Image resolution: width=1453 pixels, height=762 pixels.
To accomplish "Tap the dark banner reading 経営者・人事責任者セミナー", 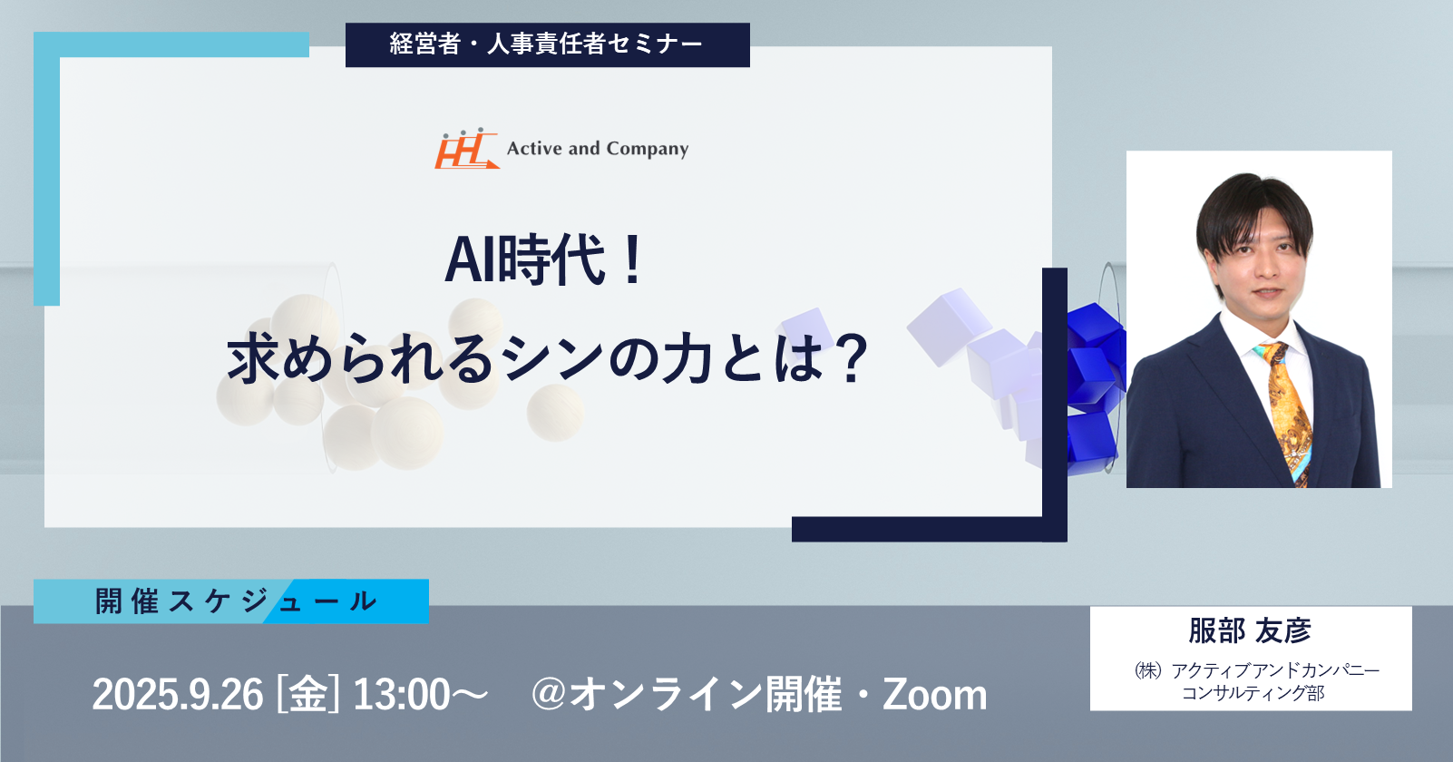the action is (548, 44).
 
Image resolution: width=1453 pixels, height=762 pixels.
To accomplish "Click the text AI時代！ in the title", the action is (544, 259).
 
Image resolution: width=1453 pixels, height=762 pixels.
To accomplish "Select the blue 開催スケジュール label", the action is (231, 601).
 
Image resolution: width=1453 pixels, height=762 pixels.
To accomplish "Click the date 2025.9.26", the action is (178, 695).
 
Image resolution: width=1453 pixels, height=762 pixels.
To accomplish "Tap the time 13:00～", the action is (420, 695).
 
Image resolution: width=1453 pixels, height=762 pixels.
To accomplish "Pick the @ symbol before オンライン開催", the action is (550, 695).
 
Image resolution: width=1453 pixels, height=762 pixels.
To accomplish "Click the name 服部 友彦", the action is (1250, 630).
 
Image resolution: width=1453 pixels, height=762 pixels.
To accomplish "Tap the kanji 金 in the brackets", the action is (308, 695).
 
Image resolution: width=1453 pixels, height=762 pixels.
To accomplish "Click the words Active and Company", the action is (598, 149).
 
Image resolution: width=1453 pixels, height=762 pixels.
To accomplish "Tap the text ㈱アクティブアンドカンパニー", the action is (1257, 669).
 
